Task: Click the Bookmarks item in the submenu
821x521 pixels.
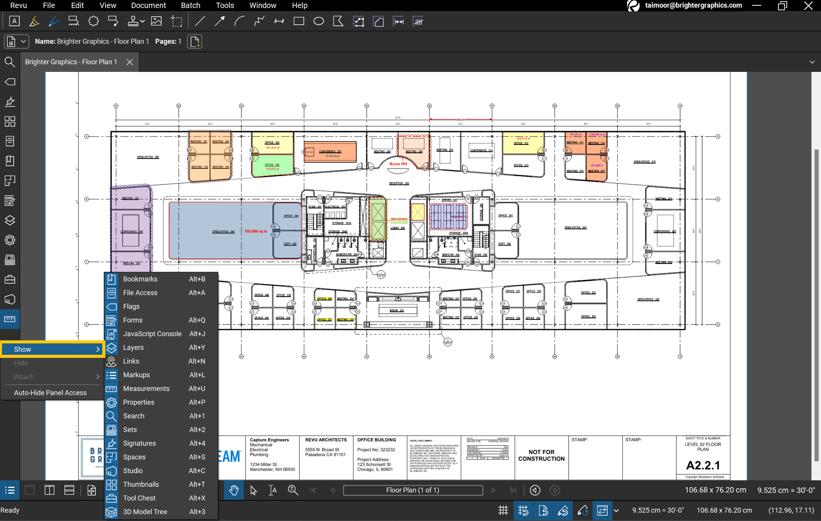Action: pyautogui.click(x=140, y=279)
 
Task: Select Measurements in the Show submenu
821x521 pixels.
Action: pyautogui.click(x=146, y=389)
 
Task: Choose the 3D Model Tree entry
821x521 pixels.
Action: pyautogui.click(x=145, y=512)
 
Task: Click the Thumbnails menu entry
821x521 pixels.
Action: pyautogui.click(x=141, y=484)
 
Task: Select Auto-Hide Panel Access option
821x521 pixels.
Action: pyautogui.click(x=50, y=393)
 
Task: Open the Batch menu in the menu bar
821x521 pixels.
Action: pyautogui.click(x=190, y=5)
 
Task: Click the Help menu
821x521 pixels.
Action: pyautogui.click(x=299, y=5)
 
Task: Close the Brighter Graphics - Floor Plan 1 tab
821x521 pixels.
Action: pyautogui.click(x=129, y=62)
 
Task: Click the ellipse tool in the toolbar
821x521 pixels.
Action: pyautogui.click(x=319, y=21)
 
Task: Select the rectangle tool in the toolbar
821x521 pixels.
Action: pyautogui.click(x=299, y=21)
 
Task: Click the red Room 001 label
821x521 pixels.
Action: pyautogui.click(x=398, y=164)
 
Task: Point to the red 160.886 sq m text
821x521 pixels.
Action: pyautogui.click(x=256, y=231)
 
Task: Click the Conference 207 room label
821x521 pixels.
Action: pyautogui.click(x=330, y=152)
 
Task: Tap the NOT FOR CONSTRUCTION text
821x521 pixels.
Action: pyautogui.click(x=541, y=455)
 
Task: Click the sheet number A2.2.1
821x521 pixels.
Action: pyautogui.click(x=703, y=465)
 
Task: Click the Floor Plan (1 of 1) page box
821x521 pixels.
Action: pyautogui.click(x=413, y=490)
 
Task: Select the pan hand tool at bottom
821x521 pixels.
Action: pyautogui.click(x=234, y=490)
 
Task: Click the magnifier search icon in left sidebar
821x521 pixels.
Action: pyautogui.click(x=10, y=62)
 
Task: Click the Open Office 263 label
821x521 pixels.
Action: pyautogui.click(x=575, y=228)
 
